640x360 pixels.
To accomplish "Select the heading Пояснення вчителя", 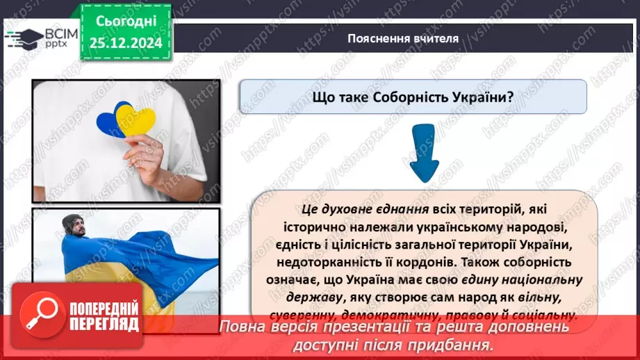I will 403,39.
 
